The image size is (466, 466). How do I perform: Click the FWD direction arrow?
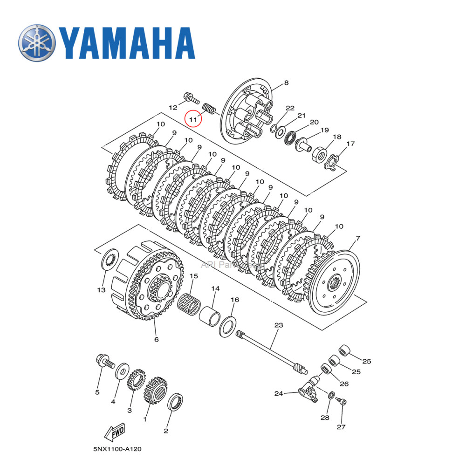(114, 433)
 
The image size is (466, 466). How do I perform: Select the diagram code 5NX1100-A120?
(117, 449)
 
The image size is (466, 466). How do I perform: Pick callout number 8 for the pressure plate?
(286, 83)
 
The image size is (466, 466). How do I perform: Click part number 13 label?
(101, 290)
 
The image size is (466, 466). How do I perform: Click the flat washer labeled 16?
(227, 327)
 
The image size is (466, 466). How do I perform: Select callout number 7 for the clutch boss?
(357, 239)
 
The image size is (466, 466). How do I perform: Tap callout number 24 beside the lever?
(279, 394)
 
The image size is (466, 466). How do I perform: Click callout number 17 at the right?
(350, 144)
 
